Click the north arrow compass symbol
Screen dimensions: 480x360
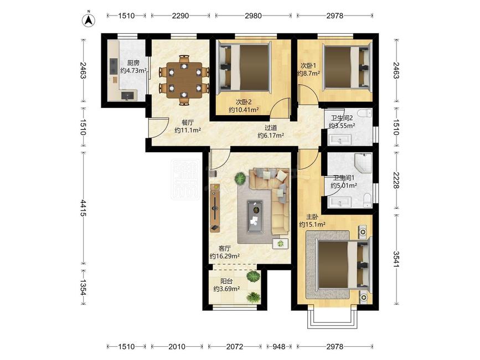89,19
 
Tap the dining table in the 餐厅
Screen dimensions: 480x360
184,80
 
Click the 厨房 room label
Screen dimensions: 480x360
133,63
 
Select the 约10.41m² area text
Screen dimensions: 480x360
244,110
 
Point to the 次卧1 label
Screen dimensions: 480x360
308,65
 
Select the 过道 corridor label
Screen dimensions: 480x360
271,127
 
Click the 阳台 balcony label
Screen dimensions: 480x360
226,281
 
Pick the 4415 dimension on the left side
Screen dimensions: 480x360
83,208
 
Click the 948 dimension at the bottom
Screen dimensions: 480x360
278,347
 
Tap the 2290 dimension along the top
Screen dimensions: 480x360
180,16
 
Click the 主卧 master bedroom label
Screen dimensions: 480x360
312,217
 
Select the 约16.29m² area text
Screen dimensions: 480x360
225,256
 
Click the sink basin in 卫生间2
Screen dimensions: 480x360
339,140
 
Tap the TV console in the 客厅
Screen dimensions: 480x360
215,208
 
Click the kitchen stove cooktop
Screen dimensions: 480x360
113,68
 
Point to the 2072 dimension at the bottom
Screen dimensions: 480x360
235,347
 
